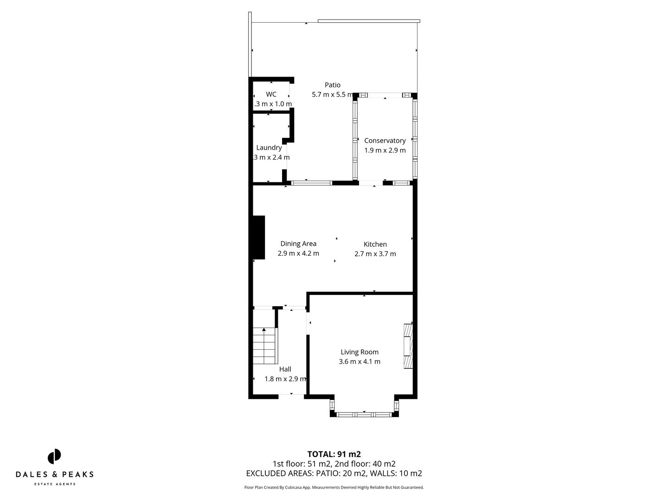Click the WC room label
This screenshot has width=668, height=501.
[271, 94]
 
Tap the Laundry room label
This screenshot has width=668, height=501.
[269, 148]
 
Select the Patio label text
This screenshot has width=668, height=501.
[332, 85]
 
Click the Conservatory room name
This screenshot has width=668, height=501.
[385, 141]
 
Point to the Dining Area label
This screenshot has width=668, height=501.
[298, 244]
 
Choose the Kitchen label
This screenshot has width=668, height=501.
[375, 244]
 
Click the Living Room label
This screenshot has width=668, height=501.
[360, 352]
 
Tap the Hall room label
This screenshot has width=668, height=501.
[285, 369]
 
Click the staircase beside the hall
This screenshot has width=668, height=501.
[264, 346]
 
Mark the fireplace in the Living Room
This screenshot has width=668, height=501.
[408, 346]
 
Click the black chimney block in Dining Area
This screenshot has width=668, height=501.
[258, 237]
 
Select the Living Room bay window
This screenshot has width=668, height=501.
[364, 414]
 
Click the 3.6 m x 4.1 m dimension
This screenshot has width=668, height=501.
[360, 362]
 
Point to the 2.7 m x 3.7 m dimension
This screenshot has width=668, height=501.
[375, 254]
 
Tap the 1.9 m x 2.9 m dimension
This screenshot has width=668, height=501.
[385, 150]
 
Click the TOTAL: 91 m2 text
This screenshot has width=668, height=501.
[334, 454]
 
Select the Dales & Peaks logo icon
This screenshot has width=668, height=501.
[54, 456]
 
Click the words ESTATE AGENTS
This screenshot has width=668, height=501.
[55, 484]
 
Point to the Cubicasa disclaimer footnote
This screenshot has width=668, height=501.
[334, 488]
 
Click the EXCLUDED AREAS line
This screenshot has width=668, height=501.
[334, 474]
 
